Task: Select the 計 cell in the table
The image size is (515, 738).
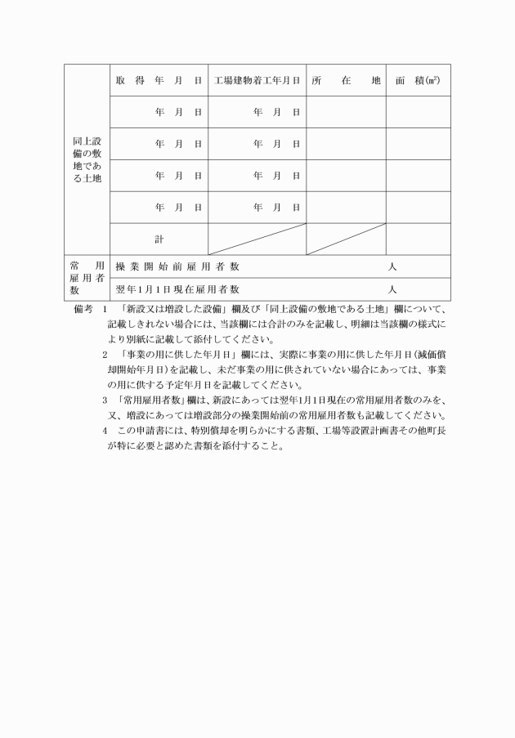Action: click(159, 239)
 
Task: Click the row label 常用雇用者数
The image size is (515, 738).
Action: click(87, 278)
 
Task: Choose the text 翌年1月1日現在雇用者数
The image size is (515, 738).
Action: click(177, 289)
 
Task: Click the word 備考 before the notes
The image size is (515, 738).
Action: click(83, 310)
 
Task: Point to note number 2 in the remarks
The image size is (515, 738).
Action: click(105, 355)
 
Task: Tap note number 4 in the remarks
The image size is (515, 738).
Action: click(105, 430)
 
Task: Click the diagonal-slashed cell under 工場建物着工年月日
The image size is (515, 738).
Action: click(257, 239)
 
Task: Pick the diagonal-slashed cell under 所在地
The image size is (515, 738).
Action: click(346, 239)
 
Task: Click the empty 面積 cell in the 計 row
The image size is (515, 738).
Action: click(418, 239)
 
